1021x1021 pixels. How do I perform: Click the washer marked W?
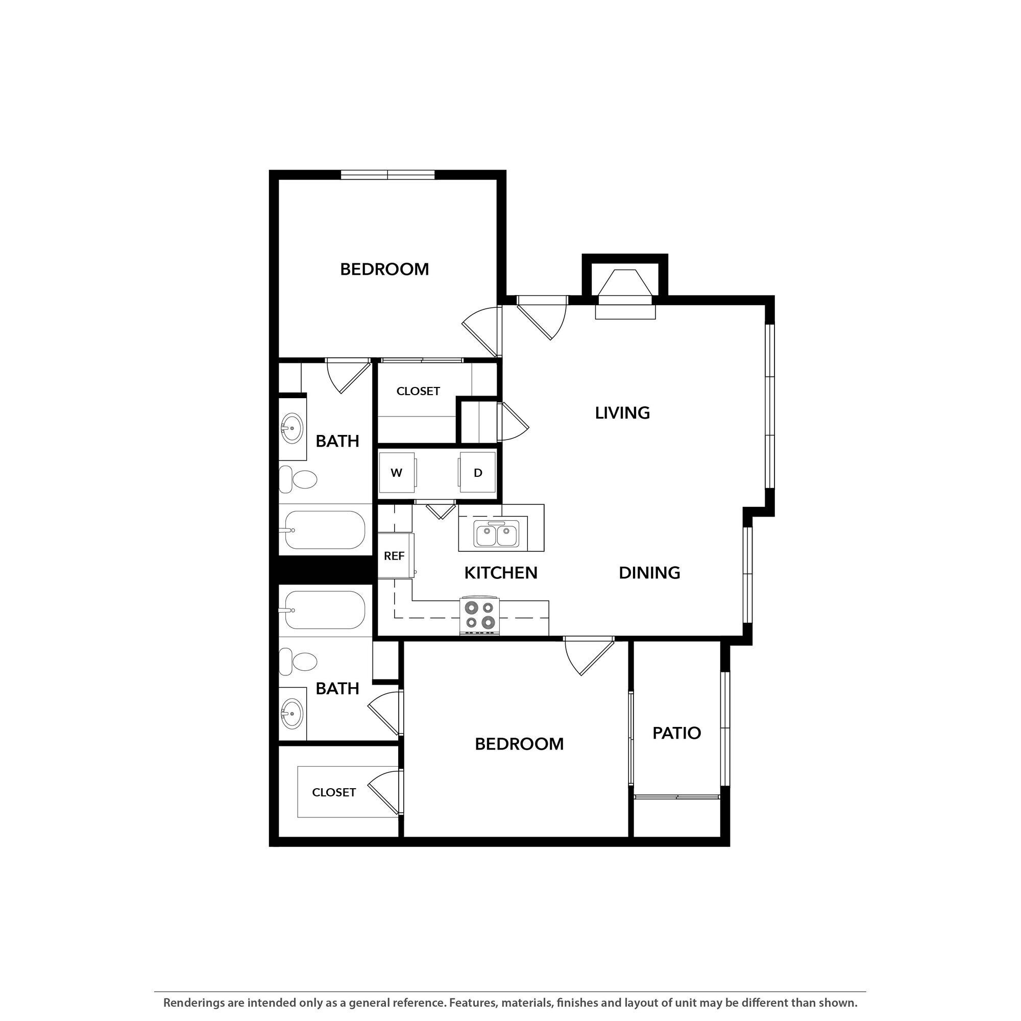point(396,472)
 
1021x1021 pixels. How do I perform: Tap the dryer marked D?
point(478,472)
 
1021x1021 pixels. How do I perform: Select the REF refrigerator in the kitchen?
point(394,556)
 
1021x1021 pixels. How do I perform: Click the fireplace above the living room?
point(625,289)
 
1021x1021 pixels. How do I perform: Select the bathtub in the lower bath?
point(325,610)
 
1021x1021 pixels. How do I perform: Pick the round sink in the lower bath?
point(291,714)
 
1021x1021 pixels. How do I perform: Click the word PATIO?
point(676,733)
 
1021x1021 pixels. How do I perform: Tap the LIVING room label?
point(622,412)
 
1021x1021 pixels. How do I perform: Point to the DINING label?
point(649,573)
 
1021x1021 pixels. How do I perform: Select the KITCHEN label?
point(500,573)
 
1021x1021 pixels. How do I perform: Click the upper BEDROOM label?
point(384,270)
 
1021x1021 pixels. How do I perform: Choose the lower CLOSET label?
point(333,792)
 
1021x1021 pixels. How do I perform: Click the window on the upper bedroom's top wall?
point(387,175)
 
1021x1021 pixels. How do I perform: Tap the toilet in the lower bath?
point(299,662)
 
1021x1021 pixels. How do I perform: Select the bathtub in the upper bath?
point(325,530)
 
